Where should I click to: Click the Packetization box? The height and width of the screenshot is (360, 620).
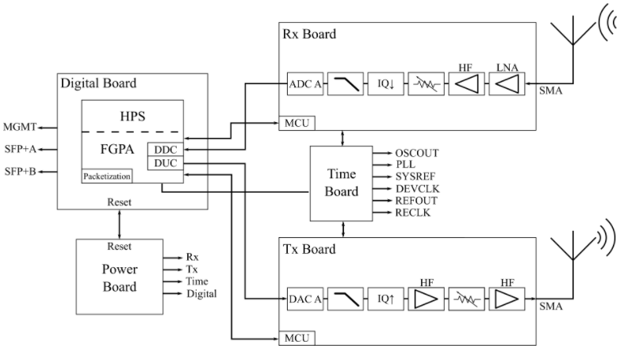(x=107, y=175)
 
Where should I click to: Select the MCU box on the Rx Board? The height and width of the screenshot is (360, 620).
(x=294, y=124)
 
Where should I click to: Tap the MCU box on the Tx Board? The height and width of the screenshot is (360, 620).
(x=294, y=339)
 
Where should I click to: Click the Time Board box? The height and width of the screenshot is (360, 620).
(x=343, y=182)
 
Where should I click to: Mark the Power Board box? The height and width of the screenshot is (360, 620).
(x=119, y=276)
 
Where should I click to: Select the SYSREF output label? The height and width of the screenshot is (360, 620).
(x=415, y=177)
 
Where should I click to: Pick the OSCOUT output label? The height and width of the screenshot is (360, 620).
(x=416, y=152)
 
